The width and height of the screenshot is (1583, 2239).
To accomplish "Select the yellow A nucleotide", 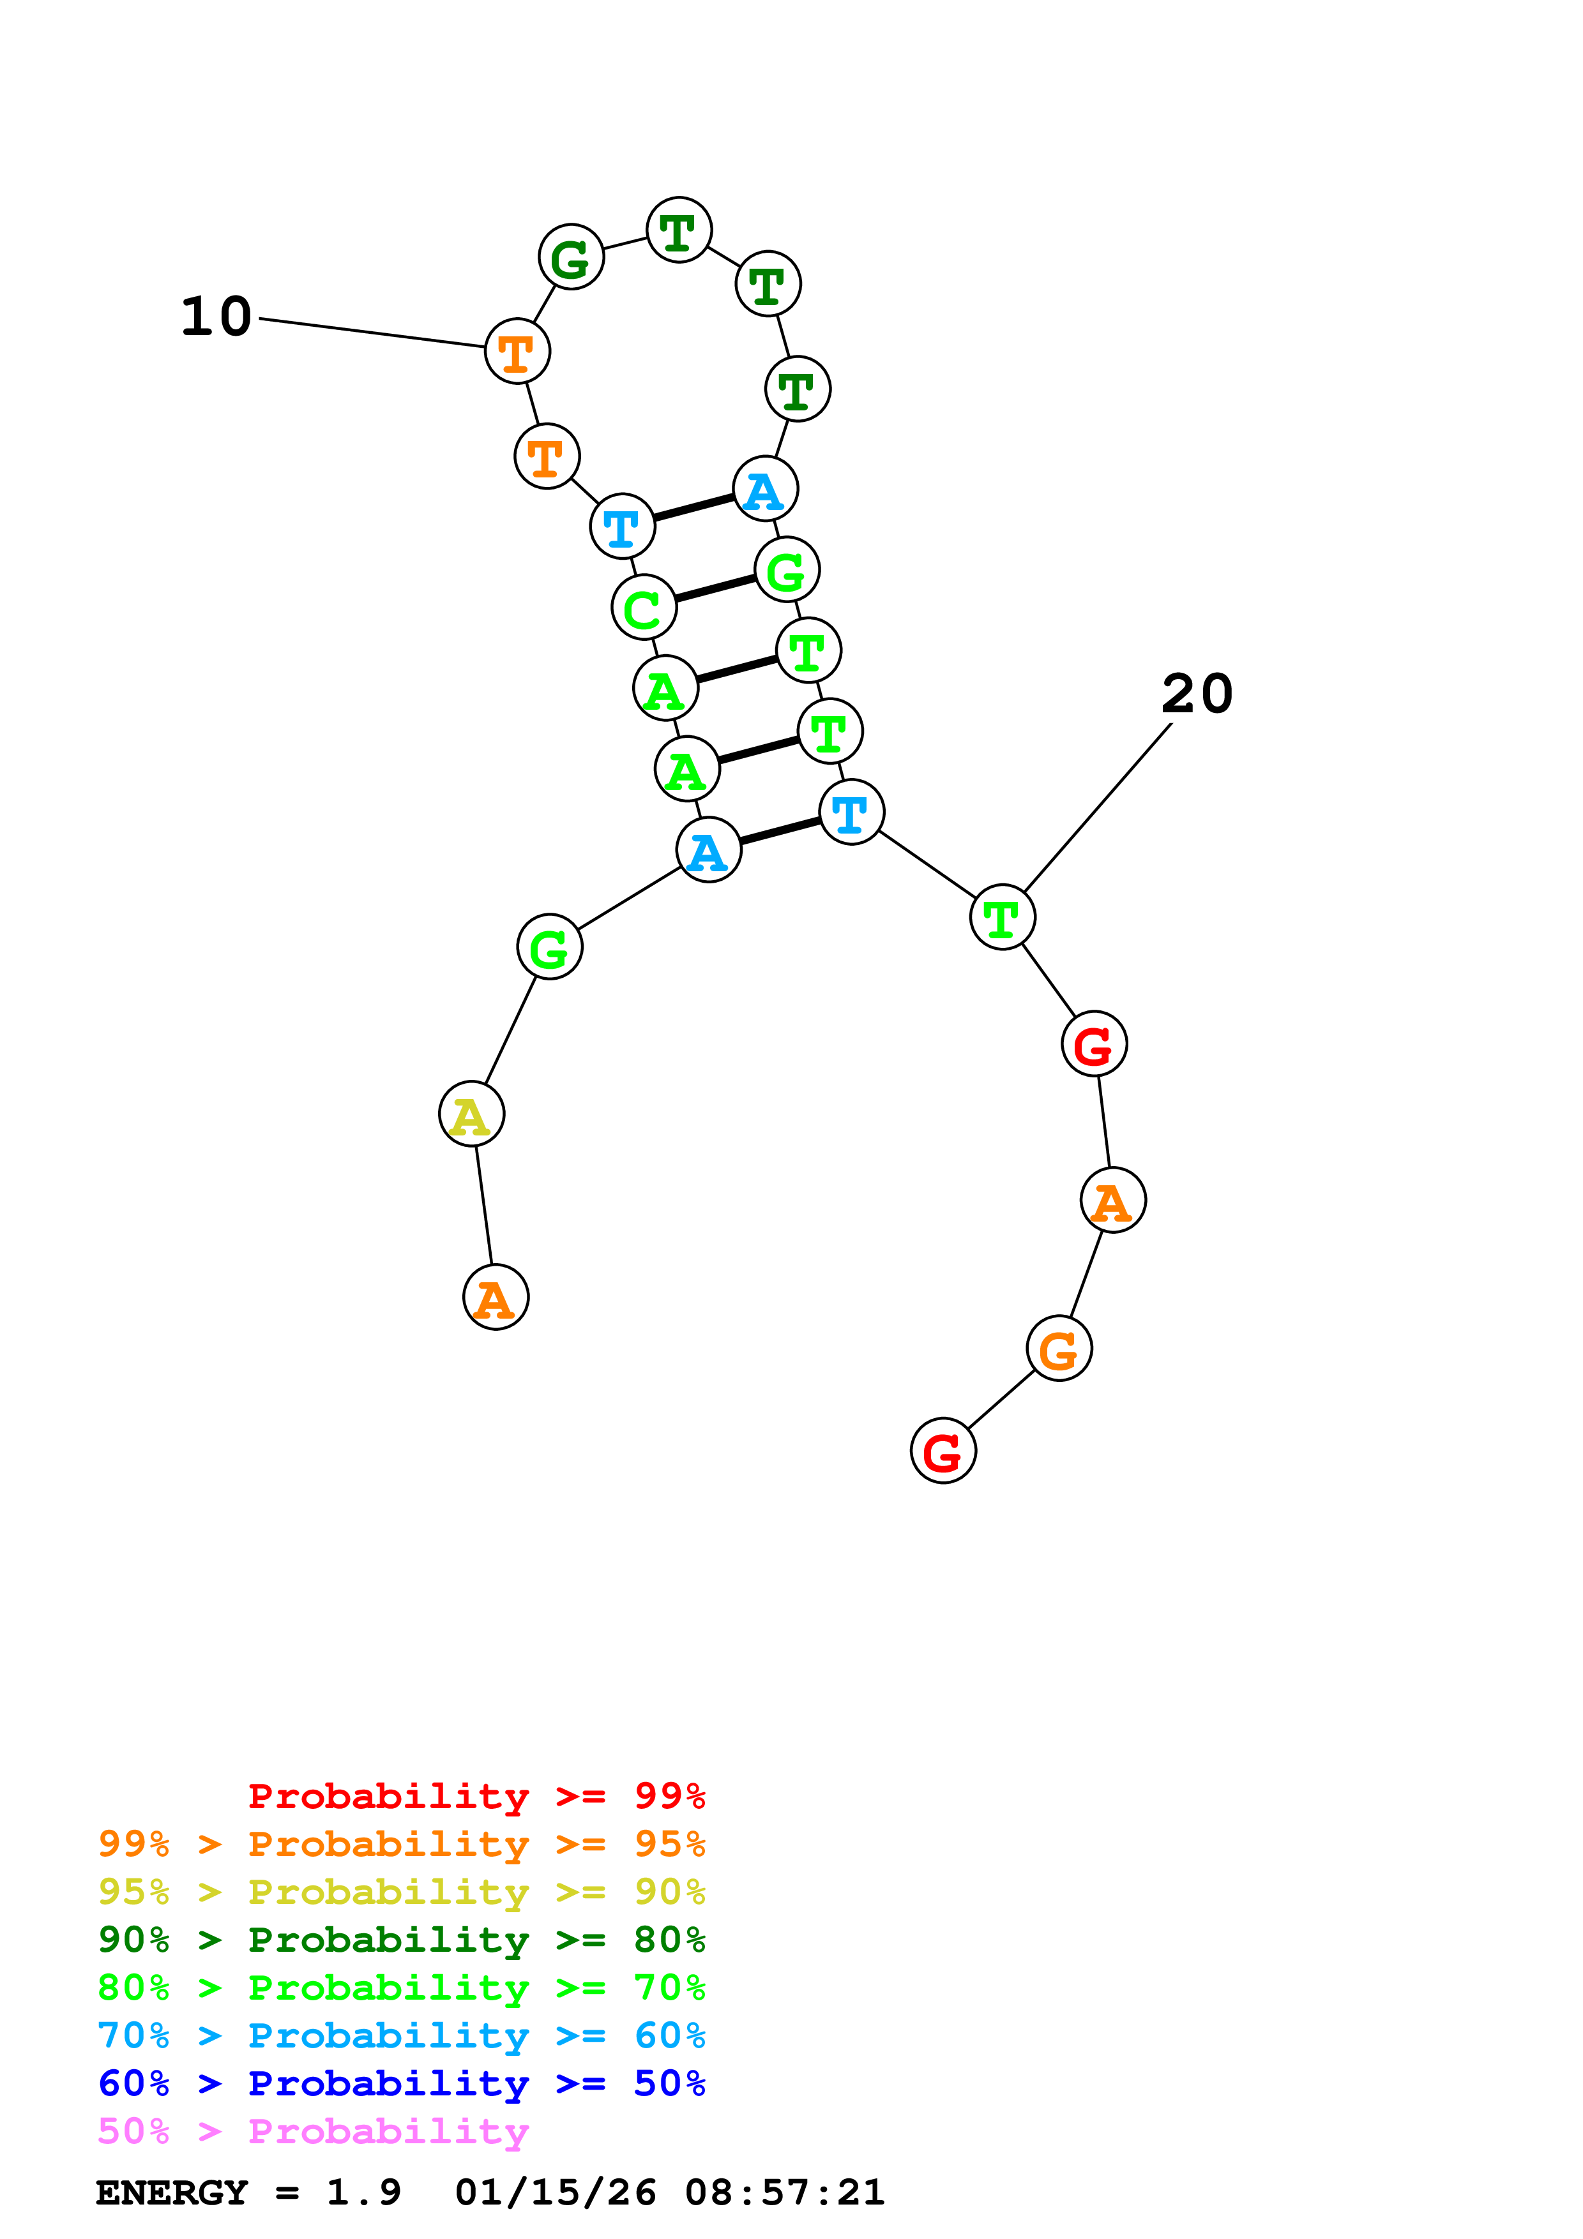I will click(x=471, y=1114).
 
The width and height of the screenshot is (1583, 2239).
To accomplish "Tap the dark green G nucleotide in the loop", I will click(x=571, y=257).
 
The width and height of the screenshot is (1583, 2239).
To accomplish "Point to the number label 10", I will click(x=216, y=317).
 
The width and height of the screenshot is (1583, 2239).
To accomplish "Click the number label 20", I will click(x=1197, y=694).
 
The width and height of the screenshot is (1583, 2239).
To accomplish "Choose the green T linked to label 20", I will click(x=1002, y=917).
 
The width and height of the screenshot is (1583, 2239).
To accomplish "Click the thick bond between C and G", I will click(x=715, y=588).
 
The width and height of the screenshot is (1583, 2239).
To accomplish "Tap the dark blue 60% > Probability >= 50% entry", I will click(x=401, y=2083).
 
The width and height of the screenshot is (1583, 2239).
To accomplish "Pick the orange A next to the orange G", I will click(x=1113, y=1201).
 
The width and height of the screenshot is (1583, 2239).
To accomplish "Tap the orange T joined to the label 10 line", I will click(x=517, y=351).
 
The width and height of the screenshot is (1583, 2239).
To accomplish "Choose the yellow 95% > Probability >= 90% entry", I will click(x=401, y=1892).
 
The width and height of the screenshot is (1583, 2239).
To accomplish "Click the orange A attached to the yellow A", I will click(x=496, y=1298).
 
